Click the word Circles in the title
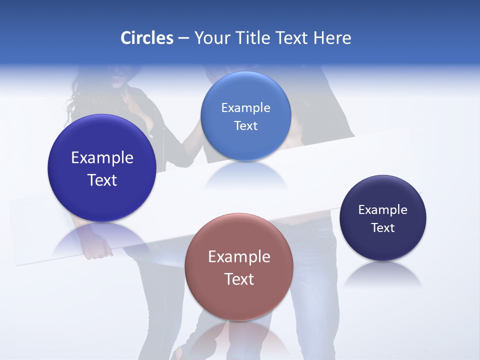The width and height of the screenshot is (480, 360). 146,38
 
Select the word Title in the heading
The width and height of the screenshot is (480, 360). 254,38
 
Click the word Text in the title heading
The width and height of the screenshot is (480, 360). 293,38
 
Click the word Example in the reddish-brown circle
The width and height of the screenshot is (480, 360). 239,257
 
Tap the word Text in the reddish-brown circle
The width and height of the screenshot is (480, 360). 239,279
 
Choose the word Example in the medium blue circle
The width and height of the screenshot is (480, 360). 245,107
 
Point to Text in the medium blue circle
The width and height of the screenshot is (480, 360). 245,125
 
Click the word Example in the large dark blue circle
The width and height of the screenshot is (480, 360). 102,158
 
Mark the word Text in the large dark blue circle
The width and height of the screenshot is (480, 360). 102,180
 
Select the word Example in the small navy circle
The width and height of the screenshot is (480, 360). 383,209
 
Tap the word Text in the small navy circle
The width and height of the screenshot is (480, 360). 383,228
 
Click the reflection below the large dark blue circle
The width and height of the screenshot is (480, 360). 102,237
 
